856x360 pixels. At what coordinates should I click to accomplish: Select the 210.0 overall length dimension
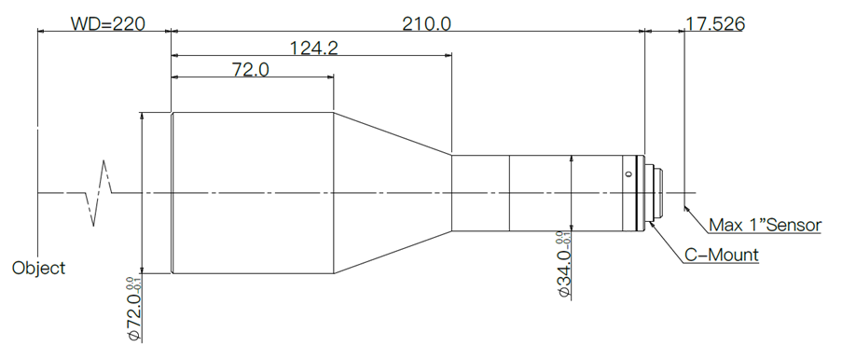[x=427, y=24]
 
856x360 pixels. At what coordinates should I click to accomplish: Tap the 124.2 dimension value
[x=313, y=48]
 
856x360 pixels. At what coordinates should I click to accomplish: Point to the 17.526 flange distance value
[x=714, y=24]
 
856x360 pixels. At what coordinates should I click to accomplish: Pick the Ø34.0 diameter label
[x=563, y=265]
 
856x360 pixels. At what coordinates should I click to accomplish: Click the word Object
[x=38, y=269]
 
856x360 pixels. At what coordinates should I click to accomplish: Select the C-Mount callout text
[x=721, y=255]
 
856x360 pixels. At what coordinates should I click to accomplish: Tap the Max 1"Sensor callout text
[x=765, y=225]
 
